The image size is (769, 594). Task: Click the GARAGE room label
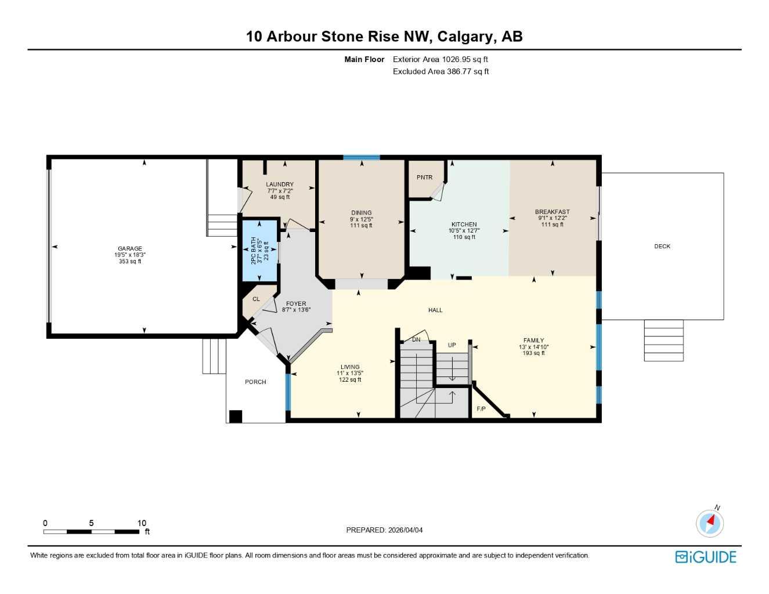pos(130,248)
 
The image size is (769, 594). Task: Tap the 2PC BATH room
pos(259,250)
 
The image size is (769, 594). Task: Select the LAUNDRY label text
pos(280,184)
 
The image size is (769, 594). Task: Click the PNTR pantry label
pos(424,178)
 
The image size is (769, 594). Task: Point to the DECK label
pos(662,247)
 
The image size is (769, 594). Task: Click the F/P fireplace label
pos(481,409)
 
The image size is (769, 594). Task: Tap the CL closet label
pos(256,299)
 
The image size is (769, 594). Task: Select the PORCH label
pos(255,382)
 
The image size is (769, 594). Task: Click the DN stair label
pos(416,340)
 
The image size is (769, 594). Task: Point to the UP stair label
pos(452,345)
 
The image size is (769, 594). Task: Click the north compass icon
pos(710,523)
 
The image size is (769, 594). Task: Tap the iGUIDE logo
pos(706,557)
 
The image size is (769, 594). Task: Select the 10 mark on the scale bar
pos(142,523)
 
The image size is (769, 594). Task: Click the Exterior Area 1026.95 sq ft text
pos(441,59)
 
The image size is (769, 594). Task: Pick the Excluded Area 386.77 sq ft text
pos(441,72)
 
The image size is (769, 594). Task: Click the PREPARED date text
pos(384,530)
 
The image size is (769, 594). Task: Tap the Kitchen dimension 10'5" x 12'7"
pos(464,231)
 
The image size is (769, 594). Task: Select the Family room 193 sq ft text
pos(533,353)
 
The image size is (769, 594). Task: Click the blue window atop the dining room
pos(361,157)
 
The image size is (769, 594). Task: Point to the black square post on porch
pos(235,416)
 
